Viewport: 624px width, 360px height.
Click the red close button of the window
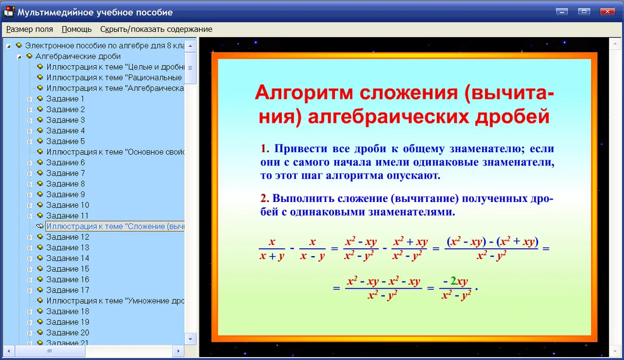pos(607,11)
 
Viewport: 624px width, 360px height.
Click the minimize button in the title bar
pos(562,11)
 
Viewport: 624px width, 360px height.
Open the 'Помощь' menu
pos(77,29)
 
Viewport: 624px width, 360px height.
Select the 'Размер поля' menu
pos(30,29)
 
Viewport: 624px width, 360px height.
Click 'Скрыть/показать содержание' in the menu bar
pos(156,29)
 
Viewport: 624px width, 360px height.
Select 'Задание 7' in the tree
pos(65,173)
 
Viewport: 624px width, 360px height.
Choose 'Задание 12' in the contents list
pos(68,237)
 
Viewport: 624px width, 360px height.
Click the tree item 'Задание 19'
pos(68,322)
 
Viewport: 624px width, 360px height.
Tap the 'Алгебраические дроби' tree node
pos(78,56)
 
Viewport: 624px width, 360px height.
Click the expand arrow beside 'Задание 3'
pos(30,120)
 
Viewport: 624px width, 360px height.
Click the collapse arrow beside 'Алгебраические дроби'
pos(19,57)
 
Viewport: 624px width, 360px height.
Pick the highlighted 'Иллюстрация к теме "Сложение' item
pos(116,226)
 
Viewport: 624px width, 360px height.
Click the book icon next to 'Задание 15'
pos(40,269)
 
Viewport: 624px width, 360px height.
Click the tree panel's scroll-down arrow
pos(191,339)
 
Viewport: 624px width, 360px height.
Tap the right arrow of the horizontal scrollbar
pos(178,351)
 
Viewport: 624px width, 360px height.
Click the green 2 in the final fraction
pos(453,281)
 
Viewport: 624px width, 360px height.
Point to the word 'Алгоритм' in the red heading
pos(304,93)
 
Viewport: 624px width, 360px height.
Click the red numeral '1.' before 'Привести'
pos(265,148)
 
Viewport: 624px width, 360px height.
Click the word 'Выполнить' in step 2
pos(303,199)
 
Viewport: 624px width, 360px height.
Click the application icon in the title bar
pos(9,12)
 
